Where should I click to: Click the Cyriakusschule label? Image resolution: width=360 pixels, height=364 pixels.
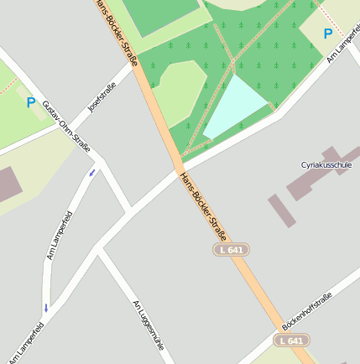pyautogui.click(x=326, y=164)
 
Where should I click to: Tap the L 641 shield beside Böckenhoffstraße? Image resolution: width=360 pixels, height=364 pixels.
pyautogui.click(x=291, y=341)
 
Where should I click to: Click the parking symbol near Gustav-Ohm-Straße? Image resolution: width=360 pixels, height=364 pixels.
pyautogui.click(x=31, y=102)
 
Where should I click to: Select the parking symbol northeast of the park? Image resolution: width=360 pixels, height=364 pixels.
pyautogui.click(x=327, y=34)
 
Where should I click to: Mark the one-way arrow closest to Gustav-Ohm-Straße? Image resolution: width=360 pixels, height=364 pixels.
pyautogui.click(x=92, y=173)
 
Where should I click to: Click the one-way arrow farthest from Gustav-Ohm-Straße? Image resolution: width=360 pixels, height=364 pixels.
pyautogui.click(x=46, y=308)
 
